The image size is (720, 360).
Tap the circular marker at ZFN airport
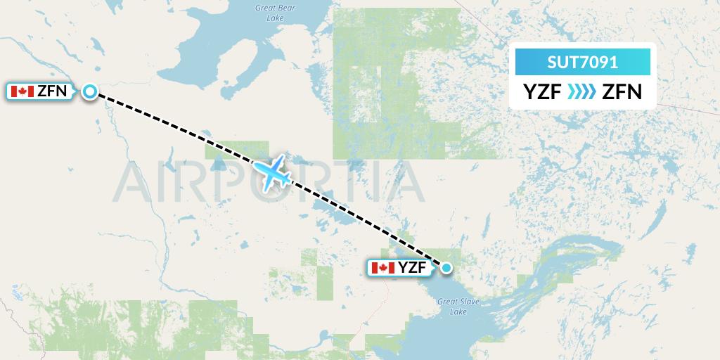pos(90,91)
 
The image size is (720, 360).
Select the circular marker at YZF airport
pos(446,267)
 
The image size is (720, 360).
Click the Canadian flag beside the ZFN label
pos(22,91)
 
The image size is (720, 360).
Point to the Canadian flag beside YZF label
pos(382,268)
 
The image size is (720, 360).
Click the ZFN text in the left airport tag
pos(52,91)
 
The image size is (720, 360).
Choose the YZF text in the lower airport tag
pos(413,268)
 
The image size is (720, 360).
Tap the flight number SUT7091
pos(583,62)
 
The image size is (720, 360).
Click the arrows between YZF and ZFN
pos(581,91)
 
